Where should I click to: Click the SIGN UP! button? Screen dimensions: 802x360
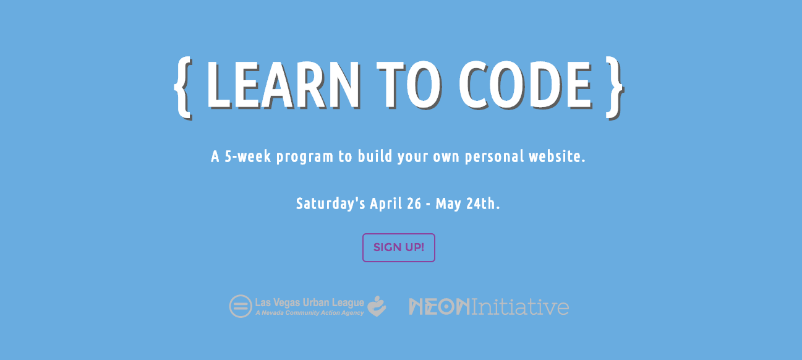point(398,247)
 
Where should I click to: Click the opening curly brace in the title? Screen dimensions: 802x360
point(183,88)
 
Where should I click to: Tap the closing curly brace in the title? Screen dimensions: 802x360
point(615,88)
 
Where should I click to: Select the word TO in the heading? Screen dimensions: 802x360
point(409,85)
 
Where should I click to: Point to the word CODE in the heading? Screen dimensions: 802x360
point(525,85)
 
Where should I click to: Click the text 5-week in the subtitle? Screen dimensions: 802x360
point(248,156)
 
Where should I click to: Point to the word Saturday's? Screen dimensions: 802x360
point(330,204)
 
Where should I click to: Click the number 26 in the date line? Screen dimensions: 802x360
point(414,204)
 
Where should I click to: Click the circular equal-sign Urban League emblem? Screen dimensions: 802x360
point(241,306)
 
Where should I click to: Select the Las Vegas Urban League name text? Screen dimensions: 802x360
point(310,303)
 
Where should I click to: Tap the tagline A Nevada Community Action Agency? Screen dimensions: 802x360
point(310,313)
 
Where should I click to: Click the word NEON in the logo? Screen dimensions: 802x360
point(439,307)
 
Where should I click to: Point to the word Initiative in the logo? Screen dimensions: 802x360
point(520,307)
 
